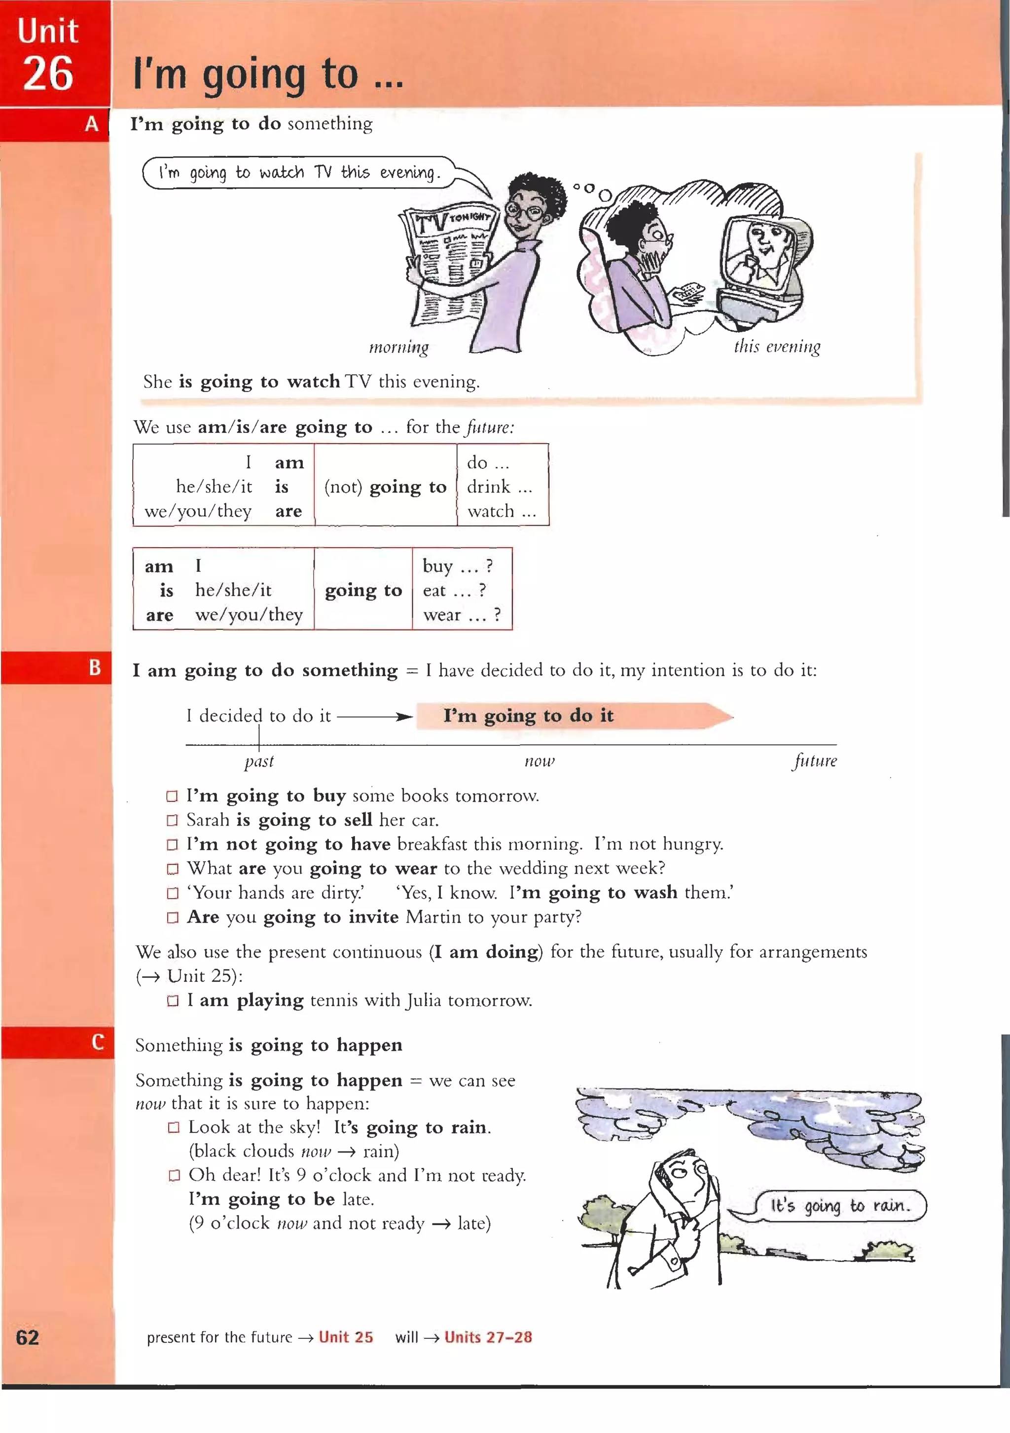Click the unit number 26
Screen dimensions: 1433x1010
[48, 73]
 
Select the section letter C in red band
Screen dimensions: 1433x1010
[97, 1042]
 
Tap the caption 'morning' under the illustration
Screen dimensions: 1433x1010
[398, 347]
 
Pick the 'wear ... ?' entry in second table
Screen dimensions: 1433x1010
[461, 615]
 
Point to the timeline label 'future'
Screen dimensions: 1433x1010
[815, 761]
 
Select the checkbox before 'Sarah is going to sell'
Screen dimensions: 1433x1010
[172, 820]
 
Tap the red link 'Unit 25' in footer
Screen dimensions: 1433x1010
[345, 1337]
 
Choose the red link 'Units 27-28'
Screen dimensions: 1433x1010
[488, 1337]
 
